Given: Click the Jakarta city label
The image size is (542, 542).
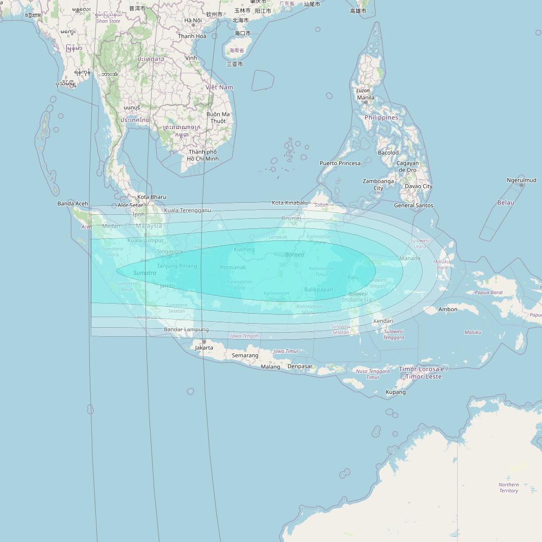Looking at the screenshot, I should (204, 347).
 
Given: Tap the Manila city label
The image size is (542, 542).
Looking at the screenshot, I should (365, 97).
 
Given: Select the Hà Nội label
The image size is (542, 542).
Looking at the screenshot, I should (193, 21).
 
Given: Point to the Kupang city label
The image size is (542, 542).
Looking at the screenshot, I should (395, 392).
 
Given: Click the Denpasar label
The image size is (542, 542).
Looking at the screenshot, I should (300, 366).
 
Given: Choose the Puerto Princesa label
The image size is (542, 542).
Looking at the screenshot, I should (340, 163).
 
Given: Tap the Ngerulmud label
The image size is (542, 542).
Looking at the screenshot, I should (521, 180).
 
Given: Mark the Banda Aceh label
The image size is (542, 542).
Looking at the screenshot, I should (73, 204).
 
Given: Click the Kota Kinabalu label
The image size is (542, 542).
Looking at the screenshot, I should (290, 203).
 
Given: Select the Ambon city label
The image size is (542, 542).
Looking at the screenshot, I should (448, 309).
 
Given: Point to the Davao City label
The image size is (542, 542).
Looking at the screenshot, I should (419, 186).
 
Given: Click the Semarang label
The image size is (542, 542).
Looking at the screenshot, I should (245, 355).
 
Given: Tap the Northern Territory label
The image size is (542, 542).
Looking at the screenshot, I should (508, 488).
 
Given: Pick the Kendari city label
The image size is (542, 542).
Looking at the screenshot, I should (383, 321).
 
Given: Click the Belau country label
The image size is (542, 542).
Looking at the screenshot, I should (505, 203).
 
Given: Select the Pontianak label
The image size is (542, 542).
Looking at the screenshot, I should (233, 267).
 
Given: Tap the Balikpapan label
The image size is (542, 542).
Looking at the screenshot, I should (319, 290).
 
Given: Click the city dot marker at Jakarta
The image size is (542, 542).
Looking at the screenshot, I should (204, 342).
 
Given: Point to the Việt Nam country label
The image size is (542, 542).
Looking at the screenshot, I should (219, 87).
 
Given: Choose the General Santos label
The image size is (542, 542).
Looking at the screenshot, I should (414, 205).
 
